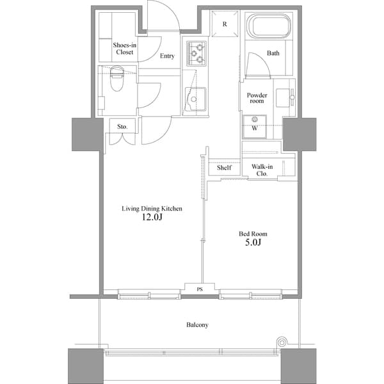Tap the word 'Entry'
tap(167, 56)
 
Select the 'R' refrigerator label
tap(225, 24)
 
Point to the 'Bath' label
tap(273, 54)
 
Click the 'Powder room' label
tap(257, 99)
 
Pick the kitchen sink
tap(195, 100)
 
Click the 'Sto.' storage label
tap(122, 127)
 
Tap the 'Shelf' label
tap(223, 168)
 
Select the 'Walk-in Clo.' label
tap(262, 170)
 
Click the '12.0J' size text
tap(152, 218)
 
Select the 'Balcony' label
tap(197, 325)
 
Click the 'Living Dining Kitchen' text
tap(153, 208)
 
